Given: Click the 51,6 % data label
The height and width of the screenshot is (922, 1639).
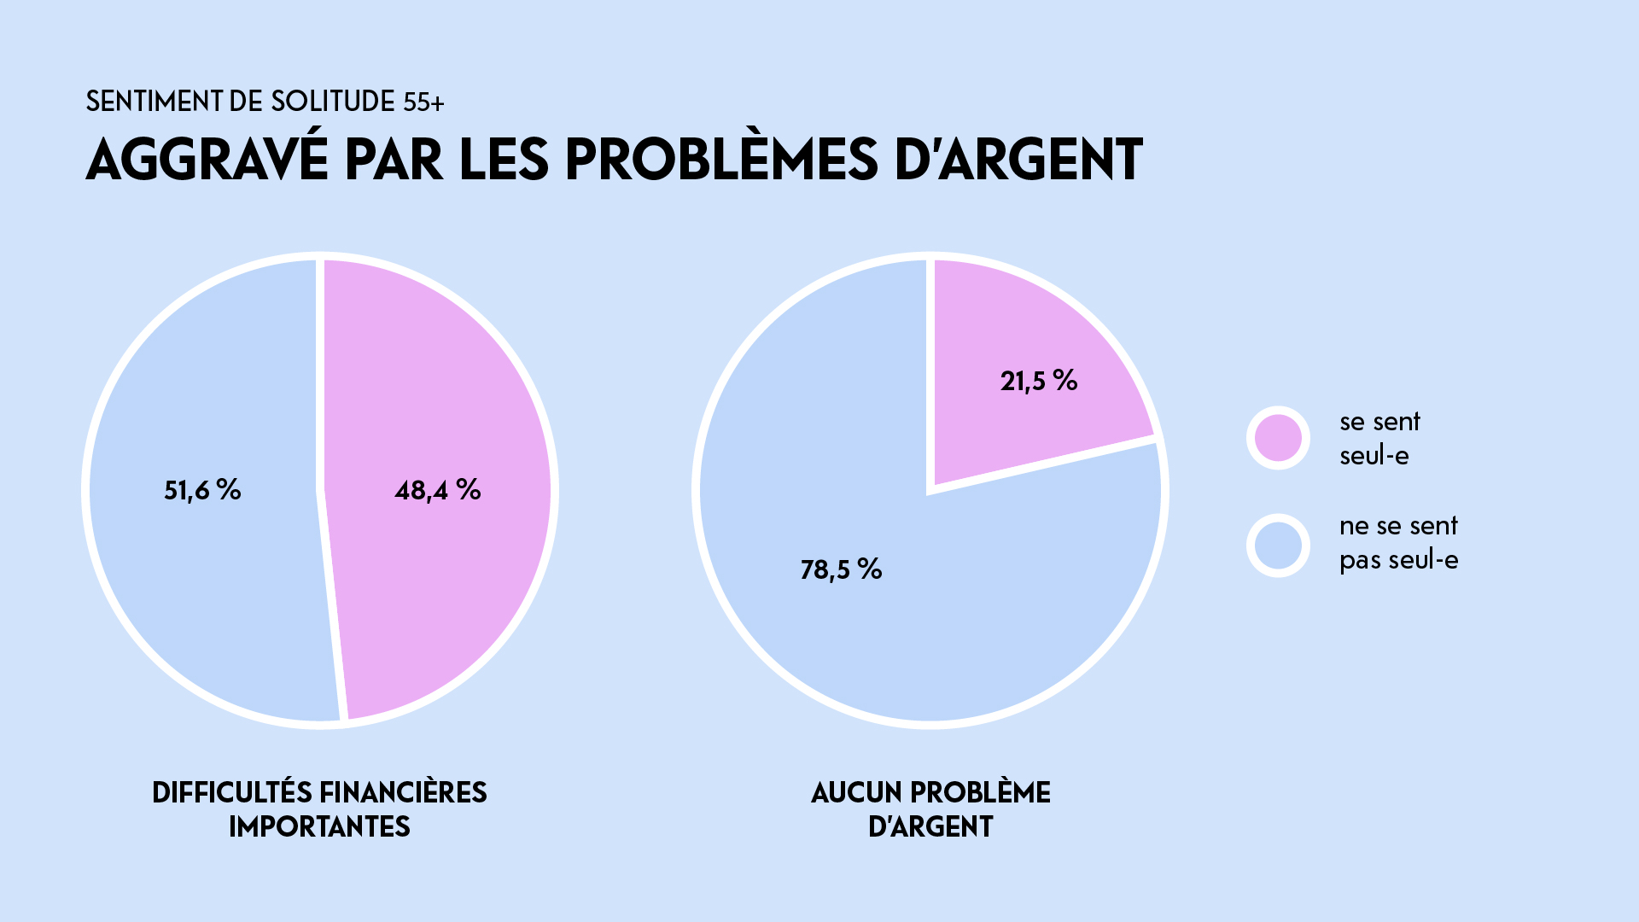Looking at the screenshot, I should (202, 490).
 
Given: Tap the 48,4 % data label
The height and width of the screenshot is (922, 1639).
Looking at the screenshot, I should (437, 490).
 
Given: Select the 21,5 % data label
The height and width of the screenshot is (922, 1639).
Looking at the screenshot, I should (1038, 381).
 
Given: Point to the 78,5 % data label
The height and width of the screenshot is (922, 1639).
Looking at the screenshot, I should (841, 569).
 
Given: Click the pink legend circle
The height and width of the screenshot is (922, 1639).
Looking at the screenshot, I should (1278, 438).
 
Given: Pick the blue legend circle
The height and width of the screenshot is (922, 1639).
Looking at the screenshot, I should (1278, 546).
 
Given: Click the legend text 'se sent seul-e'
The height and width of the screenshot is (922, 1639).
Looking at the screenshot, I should (1379, 438).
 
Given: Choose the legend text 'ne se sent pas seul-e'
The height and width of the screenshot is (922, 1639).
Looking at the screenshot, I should (1398, 543).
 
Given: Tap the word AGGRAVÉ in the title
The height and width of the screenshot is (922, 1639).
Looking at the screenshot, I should (207, 159).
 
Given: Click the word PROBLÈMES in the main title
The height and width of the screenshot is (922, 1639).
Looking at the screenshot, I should (721, 159).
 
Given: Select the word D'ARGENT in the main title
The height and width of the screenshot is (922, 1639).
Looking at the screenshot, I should (1018, 159).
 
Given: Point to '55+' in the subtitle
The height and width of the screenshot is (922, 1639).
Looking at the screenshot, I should (423, 102).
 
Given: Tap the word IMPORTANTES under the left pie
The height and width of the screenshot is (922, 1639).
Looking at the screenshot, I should (319, 826).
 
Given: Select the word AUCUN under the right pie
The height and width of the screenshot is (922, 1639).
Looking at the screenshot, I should (856, 792).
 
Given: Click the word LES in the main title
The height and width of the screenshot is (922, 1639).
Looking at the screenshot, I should (504, 159).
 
